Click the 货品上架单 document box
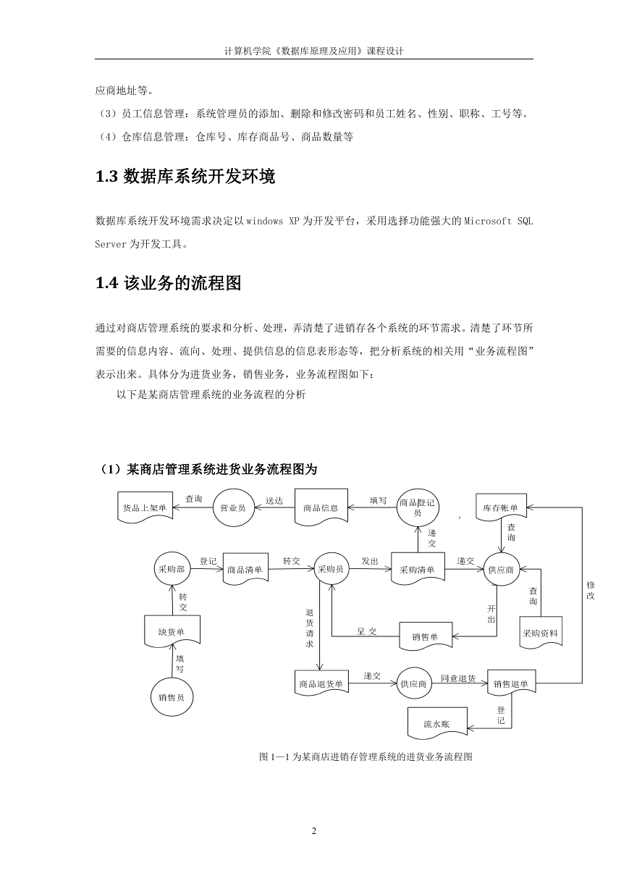(145, 507)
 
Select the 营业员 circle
(233, 507)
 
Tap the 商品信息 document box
(321, 507)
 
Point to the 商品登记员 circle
(418, 508)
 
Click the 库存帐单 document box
(501, 507)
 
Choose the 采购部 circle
(172, 569)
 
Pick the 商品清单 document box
(245, 569)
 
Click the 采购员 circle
(331, 569)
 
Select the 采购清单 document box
(418, 569)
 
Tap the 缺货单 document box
(172, 631)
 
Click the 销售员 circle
(172, 697)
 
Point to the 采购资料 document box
(541, 633)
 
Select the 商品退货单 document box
(321, 683)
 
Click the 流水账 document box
(437, 723)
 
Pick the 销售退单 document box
(511, 683)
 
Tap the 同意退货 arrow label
(458, 678)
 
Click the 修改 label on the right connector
(591, 590)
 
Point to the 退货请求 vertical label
(310, 628)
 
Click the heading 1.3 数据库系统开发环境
(185, 177)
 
